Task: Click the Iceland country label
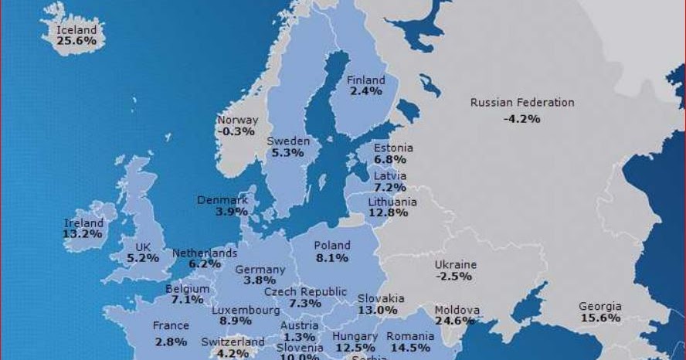pyautogui.click(x=77, y=30)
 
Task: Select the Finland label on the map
pyautogui.click(x=365, y=80)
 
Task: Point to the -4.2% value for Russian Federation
pyautogui.click(x=521, y=119)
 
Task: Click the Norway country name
pyautogui.click(x=237, y=121)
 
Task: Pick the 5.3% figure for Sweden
pyautogui.click(x=287, y=153)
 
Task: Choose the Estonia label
pyautogui.click(x=393, y=148)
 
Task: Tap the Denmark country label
pyautogui.click(x=222, y=200)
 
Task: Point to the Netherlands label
pyautogui.click(x=205, y=253)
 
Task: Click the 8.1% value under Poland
pyautogui.click(x=331, y=257)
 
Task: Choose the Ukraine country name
pyautogui.click(x=456, y=265)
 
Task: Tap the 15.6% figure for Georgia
pyautogui.click(x=600, y=318)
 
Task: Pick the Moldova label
pyautogui.click(x=457, y=310)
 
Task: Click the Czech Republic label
pyautogui.click(x=305, y=292)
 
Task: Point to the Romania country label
pyautogui.click(x=410, y=337)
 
